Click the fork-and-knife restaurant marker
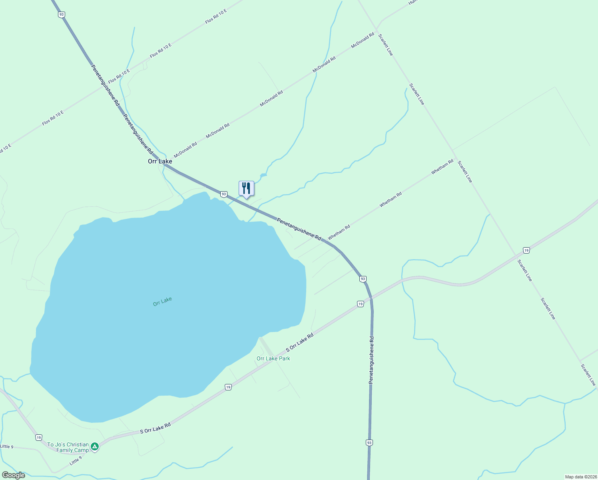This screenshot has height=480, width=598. click(246, 188)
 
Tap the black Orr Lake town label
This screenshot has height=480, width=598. click(160, 161)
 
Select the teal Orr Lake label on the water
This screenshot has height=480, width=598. click(162, 301)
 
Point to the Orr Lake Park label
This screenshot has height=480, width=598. click(273, 358)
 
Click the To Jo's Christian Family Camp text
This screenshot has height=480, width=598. click(68, 447)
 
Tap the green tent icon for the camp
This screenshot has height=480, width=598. click(95, 446)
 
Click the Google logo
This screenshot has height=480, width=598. click(13, 475)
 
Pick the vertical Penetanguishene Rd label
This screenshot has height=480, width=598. click(371, 360)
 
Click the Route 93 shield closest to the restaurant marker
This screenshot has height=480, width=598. click(224, 194)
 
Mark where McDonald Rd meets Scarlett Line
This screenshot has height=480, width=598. click(376, 31)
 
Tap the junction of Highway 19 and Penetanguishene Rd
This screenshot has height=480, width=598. click(371, 298)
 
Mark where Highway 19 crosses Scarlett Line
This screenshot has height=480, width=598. click(516, 255)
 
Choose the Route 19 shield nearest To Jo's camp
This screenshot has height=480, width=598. click(38, 437)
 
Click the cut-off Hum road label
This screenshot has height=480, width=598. click(413, 2)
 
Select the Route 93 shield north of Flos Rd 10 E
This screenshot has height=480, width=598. click(61, 15)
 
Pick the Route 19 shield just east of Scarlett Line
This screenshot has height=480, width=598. click(526, 250)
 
